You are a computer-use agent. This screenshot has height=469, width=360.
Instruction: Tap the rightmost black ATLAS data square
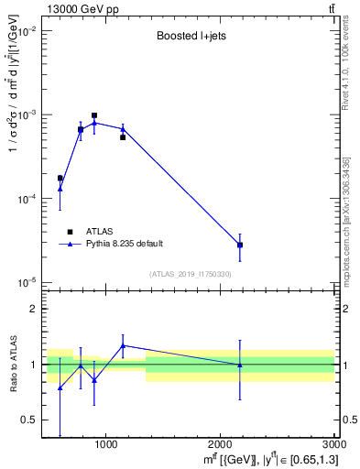240,245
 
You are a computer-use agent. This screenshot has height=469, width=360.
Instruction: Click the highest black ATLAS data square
94,115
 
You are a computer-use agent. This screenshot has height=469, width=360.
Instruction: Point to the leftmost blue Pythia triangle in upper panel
60,189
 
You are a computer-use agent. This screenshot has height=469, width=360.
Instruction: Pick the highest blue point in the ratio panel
124,345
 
